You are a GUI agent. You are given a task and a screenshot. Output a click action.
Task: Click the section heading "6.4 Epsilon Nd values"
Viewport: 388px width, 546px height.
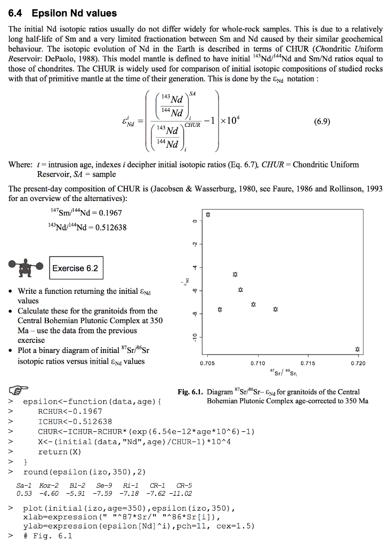click(x=63, y=13)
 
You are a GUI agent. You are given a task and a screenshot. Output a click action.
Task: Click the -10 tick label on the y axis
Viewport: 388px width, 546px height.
click(x=196, y=336)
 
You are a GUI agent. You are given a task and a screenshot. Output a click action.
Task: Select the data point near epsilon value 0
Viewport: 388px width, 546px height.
click(x=208, y=215)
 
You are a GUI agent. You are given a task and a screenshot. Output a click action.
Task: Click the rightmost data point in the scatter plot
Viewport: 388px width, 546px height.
click(x=358, y=349)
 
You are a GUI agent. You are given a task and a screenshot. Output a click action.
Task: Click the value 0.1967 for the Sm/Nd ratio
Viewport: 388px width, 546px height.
click(x=109, y=213)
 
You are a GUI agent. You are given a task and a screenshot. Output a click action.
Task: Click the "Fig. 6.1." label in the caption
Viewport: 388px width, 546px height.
click(x=191, y=392)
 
